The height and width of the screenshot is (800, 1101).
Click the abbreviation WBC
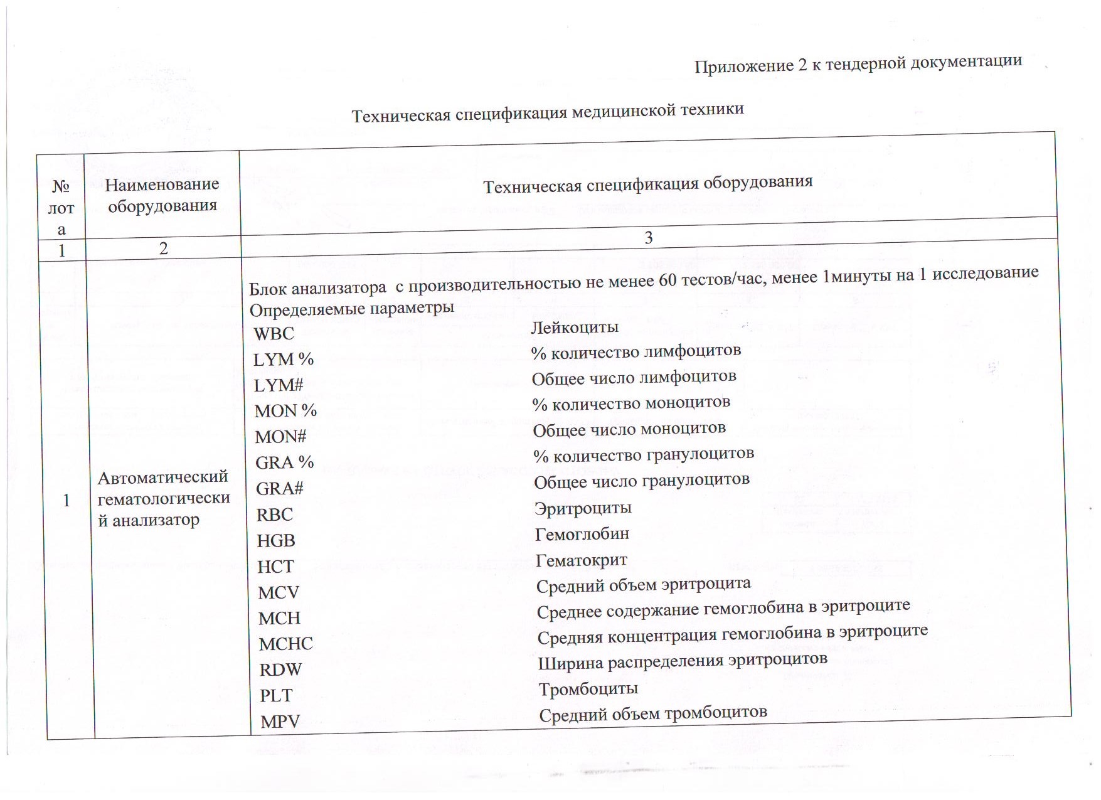(274, 333)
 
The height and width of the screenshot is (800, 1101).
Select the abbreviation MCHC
(285, 644)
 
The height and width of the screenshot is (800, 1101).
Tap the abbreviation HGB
(275, 540)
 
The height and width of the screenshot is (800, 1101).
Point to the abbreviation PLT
(276, 695)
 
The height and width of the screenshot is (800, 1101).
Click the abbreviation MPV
(280, 722)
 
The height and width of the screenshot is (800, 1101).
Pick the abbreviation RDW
(280, 669)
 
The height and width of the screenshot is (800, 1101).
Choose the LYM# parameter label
(278, 385)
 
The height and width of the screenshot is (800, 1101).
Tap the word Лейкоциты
(575, 327)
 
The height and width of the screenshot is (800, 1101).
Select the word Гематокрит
(581, 560)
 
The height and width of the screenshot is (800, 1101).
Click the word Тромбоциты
(588, 689)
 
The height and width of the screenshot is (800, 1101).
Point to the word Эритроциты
(583, 508)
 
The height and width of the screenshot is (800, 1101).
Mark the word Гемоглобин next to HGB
(582, 534)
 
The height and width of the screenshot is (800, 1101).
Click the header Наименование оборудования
(162, 195)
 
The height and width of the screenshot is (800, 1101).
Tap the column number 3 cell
(649, 238)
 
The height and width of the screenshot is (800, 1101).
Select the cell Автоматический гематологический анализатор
(163, 498)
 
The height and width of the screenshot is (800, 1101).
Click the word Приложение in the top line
(744, 65)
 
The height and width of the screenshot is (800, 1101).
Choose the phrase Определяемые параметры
(351, 308)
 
